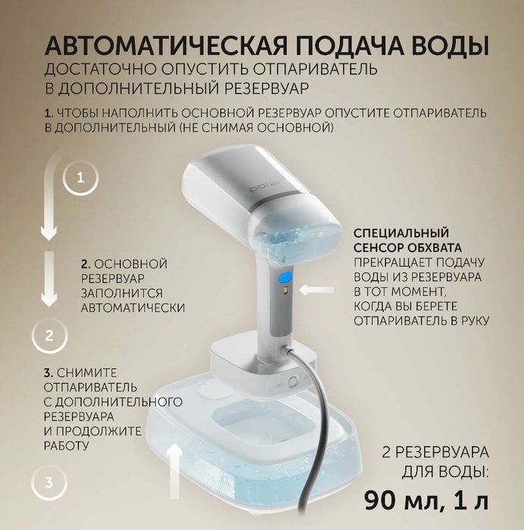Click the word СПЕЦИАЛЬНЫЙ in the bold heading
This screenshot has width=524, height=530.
click(x=397, y=232)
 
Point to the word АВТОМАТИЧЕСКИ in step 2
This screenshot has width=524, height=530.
click(x=133, y=308)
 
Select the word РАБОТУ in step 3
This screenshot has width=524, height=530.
click(x=67, y=446)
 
